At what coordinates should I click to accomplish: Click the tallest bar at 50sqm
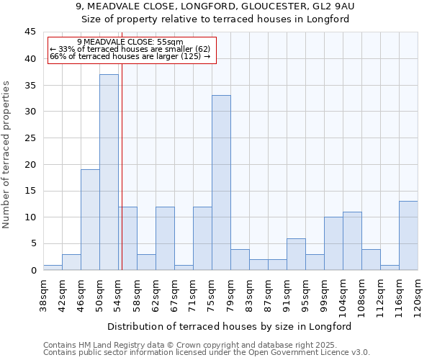(109, 172)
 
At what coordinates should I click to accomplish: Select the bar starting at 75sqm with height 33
(221, 183)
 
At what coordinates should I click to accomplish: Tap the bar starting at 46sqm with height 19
(90, 220)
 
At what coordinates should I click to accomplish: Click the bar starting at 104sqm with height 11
(352, 241)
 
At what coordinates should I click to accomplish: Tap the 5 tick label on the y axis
(32, 244)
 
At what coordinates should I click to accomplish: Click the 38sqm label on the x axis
(43, 294)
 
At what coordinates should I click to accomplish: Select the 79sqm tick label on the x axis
(230, 294)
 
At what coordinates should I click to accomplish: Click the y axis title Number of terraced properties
(7, 155)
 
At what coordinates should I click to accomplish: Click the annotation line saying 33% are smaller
(130, 49)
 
